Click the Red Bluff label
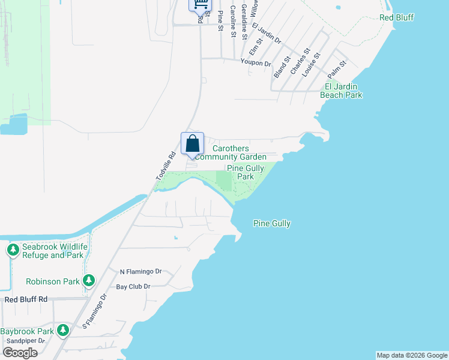tap(397, 17)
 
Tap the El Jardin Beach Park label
tap(344, 91)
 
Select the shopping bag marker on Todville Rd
tap(192, 144)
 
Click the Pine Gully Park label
tap(245, 173)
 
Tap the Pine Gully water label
tap(272, 224)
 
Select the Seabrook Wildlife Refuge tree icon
tap(13, 249)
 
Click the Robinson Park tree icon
tap(89, 280)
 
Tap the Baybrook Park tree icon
tap(63, 329)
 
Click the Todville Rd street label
tap(165, 166)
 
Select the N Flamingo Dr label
tap(140, 271)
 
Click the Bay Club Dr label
tap(133, 287)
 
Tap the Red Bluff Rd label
tap(26, 299)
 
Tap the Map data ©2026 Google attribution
tap(412, 355)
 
